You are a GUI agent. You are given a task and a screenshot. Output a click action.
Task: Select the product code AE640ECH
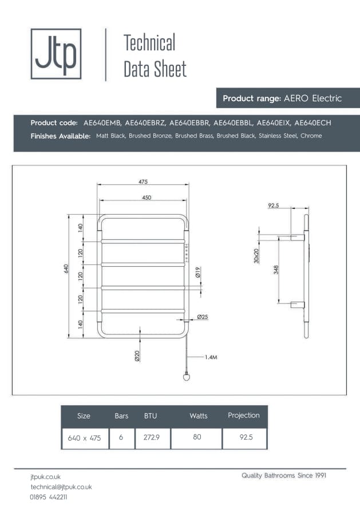312,123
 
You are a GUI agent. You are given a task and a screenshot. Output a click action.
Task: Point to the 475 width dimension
143,181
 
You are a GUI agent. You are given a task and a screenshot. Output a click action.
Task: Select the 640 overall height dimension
66,268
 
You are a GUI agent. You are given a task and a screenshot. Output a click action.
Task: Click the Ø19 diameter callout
197,273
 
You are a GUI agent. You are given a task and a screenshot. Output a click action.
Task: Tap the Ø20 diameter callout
137,355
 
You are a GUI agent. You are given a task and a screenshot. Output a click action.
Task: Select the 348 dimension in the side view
276,270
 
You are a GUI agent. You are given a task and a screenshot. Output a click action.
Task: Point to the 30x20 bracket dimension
256,255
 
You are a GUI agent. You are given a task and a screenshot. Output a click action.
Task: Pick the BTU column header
151,416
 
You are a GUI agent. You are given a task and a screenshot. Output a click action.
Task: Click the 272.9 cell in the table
152,438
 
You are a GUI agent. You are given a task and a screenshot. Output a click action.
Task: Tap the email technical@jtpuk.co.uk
61,487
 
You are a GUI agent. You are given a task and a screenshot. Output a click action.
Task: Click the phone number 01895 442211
49,497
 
